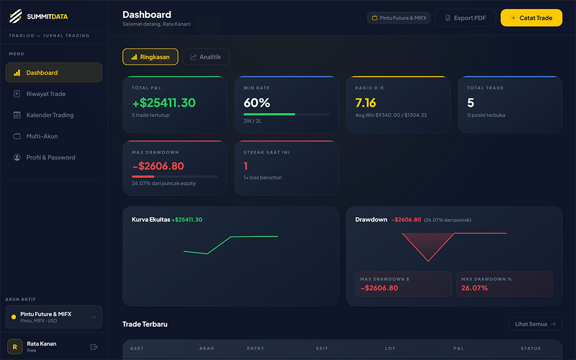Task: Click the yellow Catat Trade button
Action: point(531,18)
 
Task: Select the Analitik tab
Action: point(206,57)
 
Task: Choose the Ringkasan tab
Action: point(150,57)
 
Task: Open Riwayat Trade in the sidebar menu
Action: point(46,94)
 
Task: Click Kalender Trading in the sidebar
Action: point(50,115)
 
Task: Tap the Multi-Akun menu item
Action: point(42,137)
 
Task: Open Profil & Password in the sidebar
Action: point(51,157)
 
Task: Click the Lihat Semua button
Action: point(535,324)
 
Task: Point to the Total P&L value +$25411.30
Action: point(164,103)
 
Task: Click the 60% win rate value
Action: point(257,103)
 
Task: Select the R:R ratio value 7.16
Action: point(366,103)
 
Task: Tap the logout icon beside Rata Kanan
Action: point(94,347)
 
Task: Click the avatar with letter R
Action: point(15,347)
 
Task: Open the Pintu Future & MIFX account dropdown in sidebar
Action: point(54,317)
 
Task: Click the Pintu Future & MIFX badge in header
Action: point(399,18)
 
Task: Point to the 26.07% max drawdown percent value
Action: point(475,288)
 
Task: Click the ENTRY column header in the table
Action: point(256,348)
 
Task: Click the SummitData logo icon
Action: point(16,16)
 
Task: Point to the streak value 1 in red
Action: point(246,166)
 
